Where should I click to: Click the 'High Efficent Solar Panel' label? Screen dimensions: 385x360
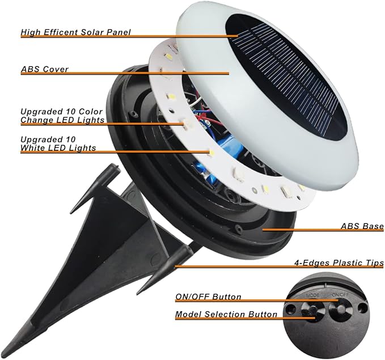click(x=75, y=32)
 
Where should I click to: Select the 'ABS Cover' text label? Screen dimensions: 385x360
click(x=44, y=69)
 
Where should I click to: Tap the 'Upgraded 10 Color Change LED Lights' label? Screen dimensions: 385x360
click(x=62, y=116)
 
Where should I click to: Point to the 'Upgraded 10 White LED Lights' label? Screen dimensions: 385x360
click(x=58, y=143)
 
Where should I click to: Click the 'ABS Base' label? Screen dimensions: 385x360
click(x=362, y=226)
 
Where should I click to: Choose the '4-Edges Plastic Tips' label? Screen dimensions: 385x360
click(x=339, y=262)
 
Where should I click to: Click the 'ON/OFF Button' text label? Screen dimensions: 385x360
click(x=208, y=297)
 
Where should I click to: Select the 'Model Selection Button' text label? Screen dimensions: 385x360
click(x=226, y=314)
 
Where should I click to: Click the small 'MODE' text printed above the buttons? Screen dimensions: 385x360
click(x=312, y=295)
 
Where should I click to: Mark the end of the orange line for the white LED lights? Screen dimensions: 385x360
click(x=211, y=153)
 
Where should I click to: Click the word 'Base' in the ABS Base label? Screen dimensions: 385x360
click(x=373, y=226)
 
